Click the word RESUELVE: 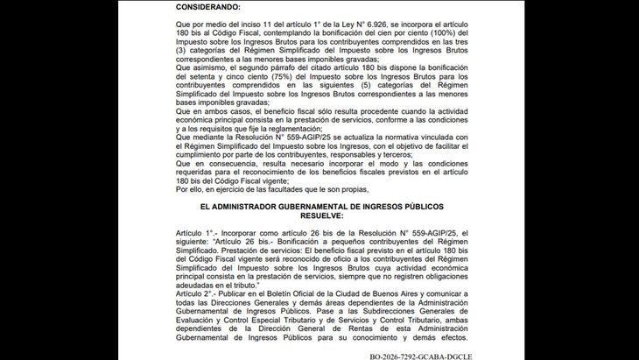pos(319,215)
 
